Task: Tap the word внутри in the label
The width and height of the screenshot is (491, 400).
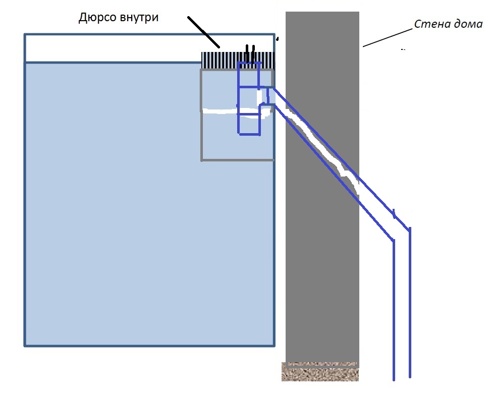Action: point(140,18)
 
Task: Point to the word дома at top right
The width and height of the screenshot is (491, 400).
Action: point(467,24)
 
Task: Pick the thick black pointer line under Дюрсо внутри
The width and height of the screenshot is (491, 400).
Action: point(204,32)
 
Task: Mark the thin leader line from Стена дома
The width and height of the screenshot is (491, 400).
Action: point(387,38)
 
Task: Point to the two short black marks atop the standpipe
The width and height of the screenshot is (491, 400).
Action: point(249,50)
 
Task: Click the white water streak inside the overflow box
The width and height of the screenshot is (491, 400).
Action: point(222,110)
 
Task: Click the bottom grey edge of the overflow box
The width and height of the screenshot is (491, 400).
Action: point(237,160)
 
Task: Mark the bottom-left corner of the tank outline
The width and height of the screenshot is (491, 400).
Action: point(25,346)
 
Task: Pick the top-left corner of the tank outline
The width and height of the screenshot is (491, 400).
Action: point(25,34)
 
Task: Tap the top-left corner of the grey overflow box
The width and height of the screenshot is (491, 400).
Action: point(201,70)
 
